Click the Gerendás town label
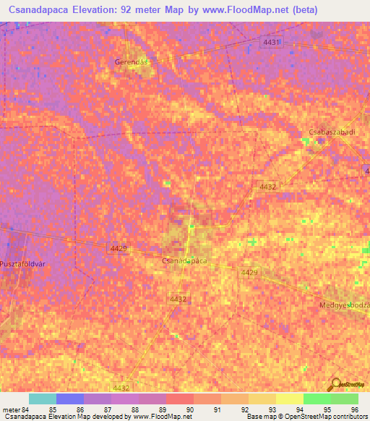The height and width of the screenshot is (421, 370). point(131,62)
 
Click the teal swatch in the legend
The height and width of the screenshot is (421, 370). point(43,399)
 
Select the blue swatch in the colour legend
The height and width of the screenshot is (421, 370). point(70,399)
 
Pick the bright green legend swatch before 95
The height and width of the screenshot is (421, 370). point(317,399)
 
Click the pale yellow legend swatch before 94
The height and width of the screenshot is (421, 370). point(289,399)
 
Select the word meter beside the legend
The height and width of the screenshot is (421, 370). point(12,409)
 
